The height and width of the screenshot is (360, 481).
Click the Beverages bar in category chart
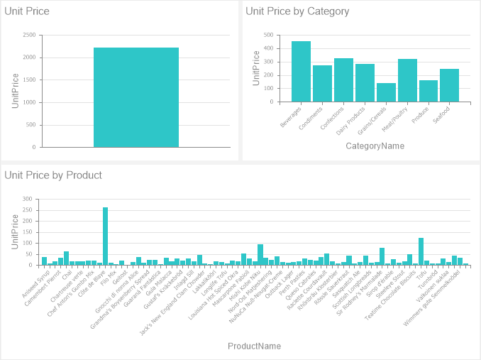point(301,71)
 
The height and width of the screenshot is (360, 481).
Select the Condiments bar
point(322,83)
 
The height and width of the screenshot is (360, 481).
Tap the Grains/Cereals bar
point(386,92)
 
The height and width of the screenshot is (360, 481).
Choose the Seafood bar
point(449,85)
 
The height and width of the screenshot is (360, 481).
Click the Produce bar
point(429,91)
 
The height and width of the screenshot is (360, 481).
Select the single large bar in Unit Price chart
point(136,97)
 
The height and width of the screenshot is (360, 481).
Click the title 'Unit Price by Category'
point(297,11)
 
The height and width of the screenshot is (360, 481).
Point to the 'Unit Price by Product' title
point(53,175)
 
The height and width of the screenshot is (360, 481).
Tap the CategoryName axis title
point(375,146)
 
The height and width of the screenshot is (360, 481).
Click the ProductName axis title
point(254,347)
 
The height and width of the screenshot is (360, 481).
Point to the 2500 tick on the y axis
point(29,35)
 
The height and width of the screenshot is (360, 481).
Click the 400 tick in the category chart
point(268,48)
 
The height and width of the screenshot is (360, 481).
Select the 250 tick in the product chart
point(28,210)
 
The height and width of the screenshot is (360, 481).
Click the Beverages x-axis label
point(292,116)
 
